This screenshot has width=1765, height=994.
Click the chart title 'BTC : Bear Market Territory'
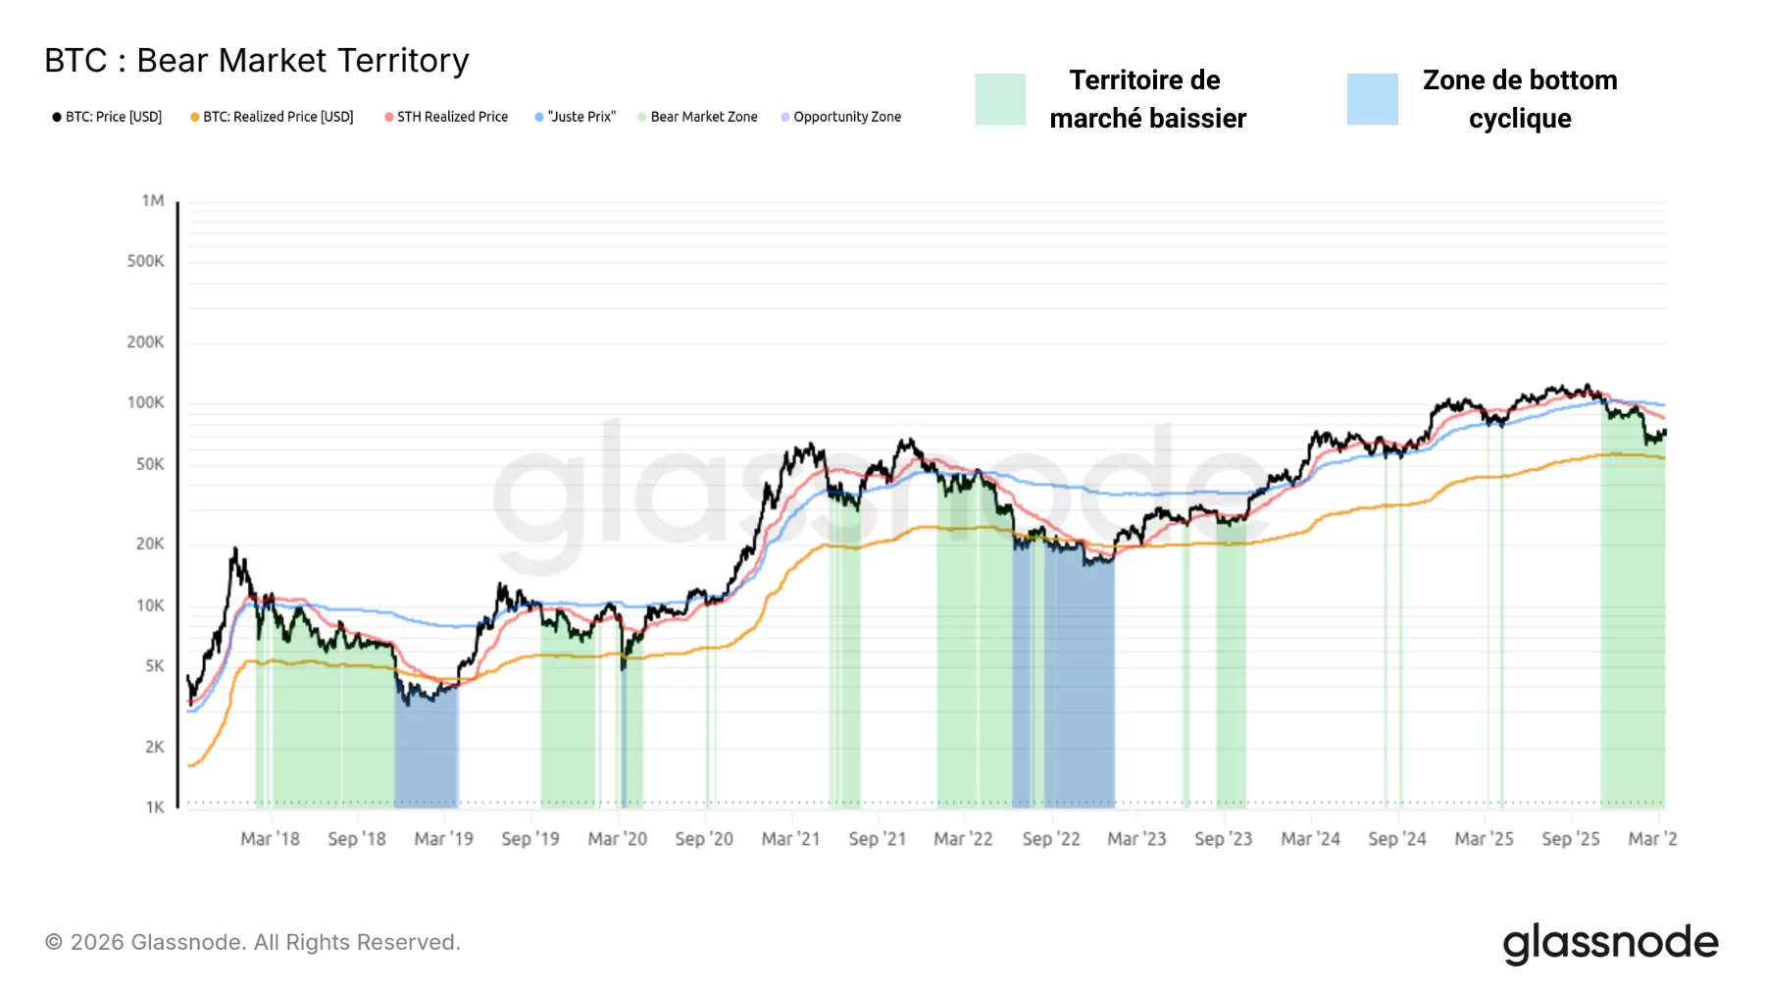(257, 61)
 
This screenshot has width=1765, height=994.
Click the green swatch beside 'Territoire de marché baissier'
(1000, 99)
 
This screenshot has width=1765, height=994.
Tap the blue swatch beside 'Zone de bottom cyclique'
(1372, 99)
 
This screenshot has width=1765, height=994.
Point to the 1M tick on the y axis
(153, 201)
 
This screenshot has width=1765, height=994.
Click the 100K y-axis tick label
(146, 402)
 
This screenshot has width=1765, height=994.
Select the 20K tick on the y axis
(150, 544)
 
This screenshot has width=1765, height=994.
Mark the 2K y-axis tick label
(155, 747)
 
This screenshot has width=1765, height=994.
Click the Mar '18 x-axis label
(270, 839)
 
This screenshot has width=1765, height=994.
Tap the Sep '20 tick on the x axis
(704, 839)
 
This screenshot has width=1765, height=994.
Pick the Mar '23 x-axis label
(1136, 839)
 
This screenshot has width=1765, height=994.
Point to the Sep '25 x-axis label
(1570, 839)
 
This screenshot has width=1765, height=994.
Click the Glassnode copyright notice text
(253, 942)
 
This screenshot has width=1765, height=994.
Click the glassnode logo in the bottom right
(1610, 943)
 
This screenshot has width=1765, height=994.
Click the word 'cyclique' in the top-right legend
(1520, 119)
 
